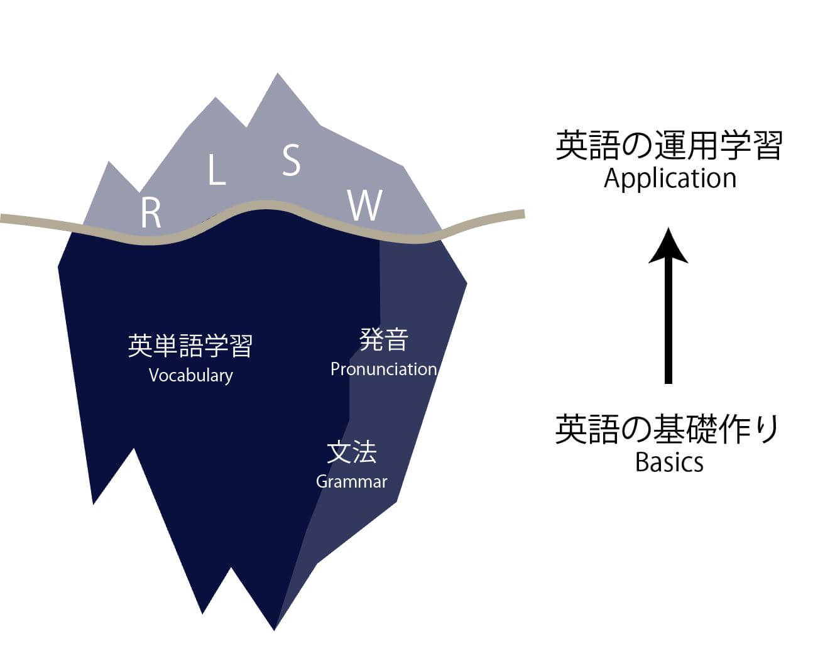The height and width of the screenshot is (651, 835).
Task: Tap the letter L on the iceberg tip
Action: pyautogui.click(x=217, y=170)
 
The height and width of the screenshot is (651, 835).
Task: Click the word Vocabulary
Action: pyautogui.click(x=190, y=375)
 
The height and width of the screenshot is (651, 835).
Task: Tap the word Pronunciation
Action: pyautogui.click(x=383, y=369)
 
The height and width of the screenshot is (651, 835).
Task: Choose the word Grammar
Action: pyautogui.click(x=351, y=481)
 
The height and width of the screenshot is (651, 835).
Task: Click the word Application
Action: pyautogui.click(x=670, y=179)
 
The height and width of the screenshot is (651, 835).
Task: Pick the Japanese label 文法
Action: pyautogui.click(x=351, y=452)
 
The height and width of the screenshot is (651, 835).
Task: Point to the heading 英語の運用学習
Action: pyautogui.click(x=669, y=146)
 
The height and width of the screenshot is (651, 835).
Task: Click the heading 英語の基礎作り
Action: pyautogui.click(x=667, y=430)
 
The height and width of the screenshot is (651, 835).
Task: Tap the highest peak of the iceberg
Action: pyautogui.click(x=277, y=75)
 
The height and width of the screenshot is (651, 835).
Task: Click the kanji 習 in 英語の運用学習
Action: pyautogui.click(x=767, y=146)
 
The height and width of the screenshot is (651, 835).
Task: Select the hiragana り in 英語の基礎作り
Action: pyautogui.click(x=768, y=430)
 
